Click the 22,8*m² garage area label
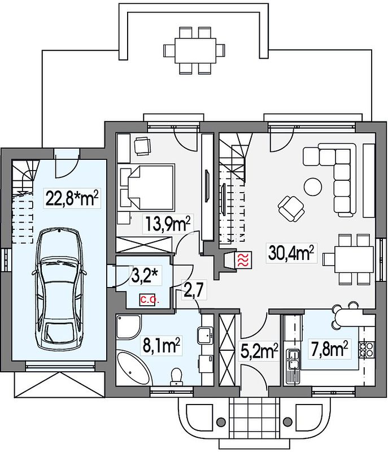[x=72, y=198]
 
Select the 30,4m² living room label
[x=291, y=253]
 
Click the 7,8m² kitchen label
[x=328, y=349]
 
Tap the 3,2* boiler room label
[x=146, y=276]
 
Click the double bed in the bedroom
[x=147, y=187]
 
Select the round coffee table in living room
[x=312, y=187]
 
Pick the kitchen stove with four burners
[x=367, y=349]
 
